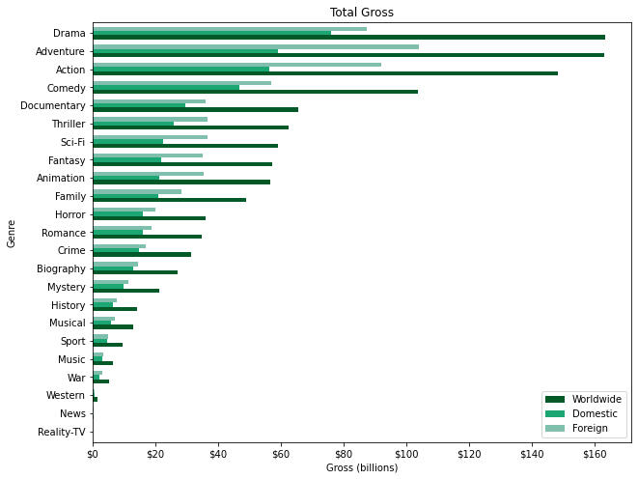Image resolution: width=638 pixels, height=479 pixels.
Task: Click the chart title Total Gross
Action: [x=361, y=13]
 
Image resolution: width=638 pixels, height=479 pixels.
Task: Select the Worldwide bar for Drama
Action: [x=348, y=38]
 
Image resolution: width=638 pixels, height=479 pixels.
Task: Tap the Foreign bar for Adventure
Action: [x=256, y=46]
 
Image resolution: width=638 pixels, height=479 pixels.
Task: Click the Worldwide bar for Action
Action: [x=324, y=73]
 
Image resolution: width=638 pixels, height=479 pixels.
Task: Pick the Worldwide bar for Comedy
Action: [x=255, y=92]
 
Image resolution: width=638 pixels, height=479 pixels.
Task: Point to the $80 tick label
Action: [x=344, y=452]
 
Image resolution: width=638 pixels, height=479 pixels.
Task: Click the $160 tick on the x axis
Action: [x=595, y=452]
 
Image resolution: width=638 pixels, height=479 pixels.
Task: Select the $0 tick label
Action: [x=93, y=452]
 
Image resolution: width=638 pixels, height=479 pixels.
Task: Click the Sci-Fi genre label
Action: [x=68, y=142]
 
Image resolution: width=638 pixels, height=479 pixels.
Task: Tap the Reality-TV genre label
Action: [x=60, y=432]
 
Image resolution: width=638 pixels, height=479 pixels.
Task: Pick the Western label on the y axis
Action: [x=66, y=396]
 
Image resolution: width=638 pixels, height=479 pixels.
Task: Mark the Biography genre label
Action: [x=61, y=268]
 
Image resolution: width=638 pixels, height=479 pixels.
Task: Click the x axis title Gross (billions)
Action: [x=361, y=468]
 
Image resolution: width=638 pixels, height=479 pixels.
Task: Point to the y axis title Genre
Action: [x=12, y=232]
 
